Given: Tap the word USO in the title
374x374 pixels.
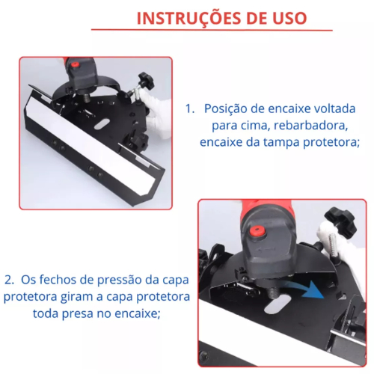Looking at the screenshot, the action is (x=289, y=18).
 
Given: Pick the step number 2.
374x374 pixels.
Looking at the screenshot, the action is (x=9, y=280).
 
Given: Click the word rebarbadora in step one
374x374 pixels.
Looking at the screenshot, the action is (x=310, y=125).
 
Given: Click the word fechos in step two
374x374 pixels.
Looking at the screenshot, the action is (x=58, y=280).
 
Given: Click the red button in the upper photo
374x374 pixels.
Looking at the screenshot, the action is (x=75, y=64).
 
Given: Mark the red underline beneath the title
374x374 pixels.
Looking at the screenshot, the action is (x=212, y=30).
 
